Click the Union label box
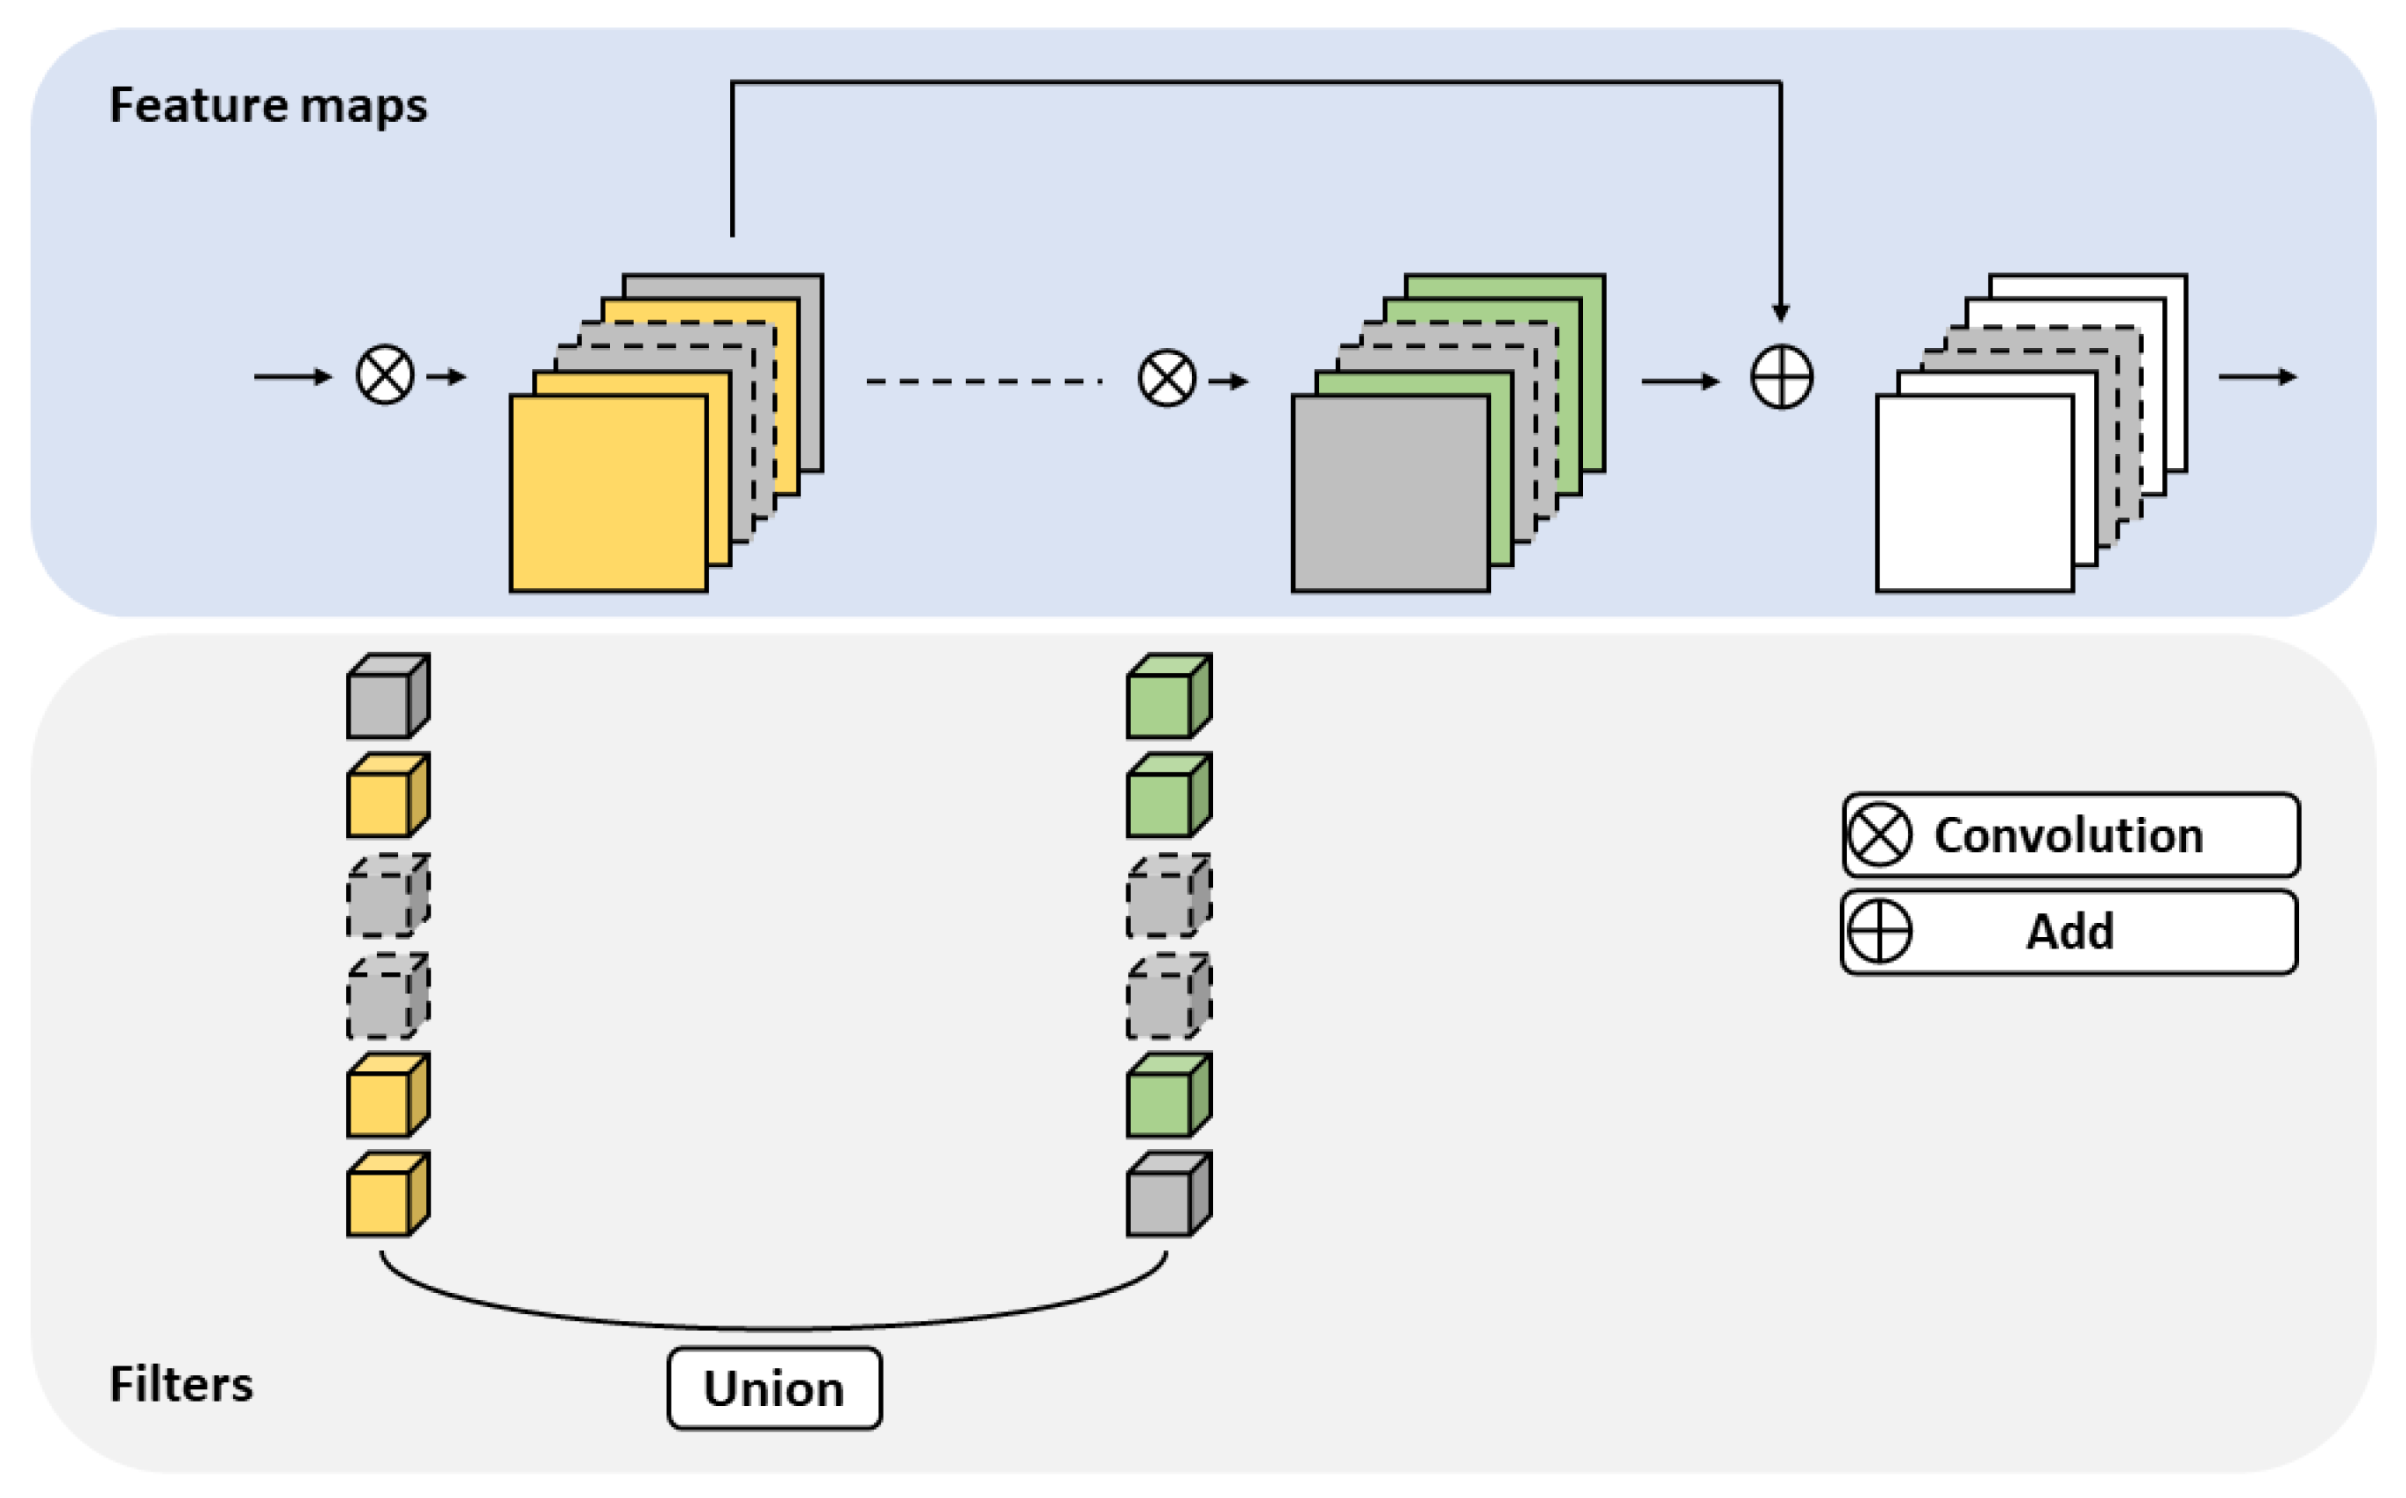[774, 1388]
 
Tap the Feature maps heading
[267, 105]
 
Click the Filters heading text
[181, 1384]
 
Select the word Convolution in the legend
[2069, 835]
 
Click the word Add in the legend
[2069, 931]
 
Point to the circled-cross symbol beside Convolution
[1879, 835]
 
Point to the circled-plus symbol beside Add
[1879, 931]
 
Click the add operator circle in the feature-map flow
[1781, 378]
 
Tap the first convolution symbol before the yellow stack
[384, 374]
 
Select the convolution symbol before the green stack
[1167, 379]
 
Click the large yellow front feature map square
[608, 493]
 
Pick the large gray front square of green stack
[1390, 493]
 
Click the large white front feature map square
[1974, 493]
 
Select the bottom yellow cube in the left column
[384, 1196]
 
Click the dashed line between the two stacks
[983, 381]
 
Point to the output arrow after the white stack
[2256, 377]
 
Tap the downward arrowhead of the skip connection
[1780, 312]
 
